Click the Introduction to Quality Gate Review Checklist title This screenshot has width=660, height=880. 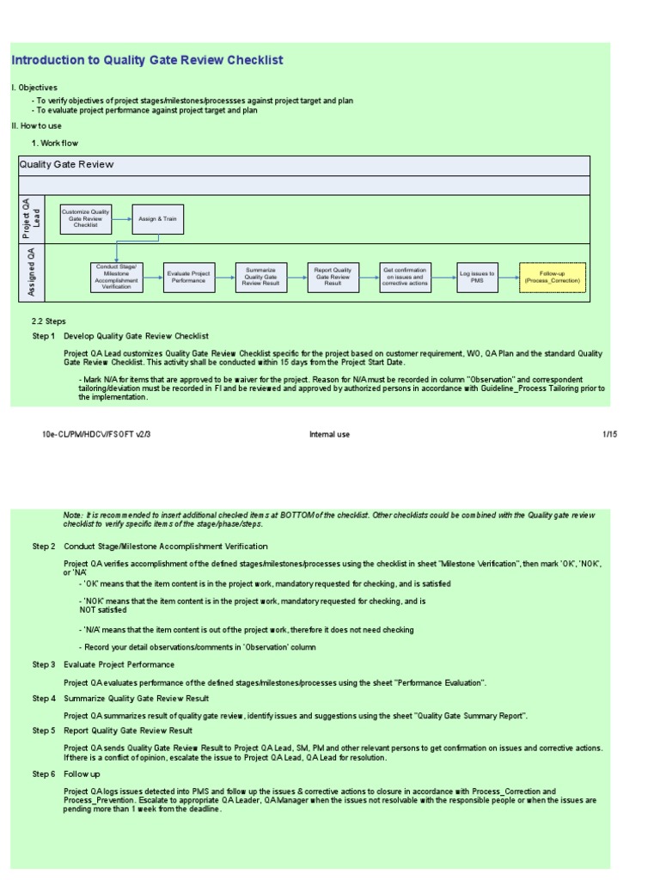point(147,60)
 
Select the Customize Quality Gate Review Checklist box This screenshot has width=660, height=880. point(86,219)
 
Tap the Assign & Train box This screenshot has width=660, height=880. point(157,219)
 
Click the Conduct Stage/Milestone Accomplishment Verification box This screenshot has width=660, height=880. point(117,277)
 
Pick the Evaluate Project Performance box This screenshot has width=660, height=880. point(188,277)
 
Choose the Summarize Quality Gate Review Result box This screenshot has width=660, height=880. point(261,277)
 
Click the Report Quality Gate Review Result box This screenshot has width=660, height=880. point(333,277)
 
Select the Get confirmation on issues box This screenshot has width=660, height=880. point(405,277)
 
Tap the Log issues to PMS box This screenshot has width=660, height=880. point(477,277)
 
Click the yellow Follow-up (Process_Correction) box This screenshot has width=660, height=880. point(553,277)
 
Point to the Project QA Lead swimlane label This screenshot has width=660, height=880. point(32,218)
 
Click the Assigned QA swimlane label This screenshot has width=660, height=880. point(32,272)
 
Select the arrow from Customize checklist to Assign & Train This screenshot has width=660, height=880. point(121,219)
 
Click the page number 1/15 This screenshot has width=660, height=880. point(609,435)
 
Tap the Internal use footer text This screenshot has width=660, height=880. point(329,435)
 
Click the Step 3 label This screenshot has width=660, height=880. point(44,664)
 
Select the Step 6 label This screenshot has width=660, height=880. point(44,774)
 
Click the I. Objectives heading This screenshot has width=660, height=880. point(34,88)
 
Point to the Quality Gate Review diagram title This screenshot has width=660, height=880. point(66,164)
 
